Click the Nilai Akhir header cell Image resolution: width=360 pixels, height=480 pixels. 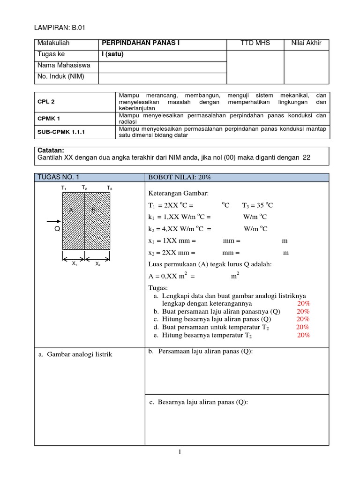tap(307, 44)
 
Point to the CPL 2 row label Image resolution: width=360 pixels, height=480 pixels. tap(47, 101)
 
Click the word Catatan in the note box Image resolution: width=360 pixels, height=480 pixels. tap(50, 150)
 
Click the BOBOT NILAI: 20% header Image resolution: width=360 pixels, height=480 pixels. tap(180, 177)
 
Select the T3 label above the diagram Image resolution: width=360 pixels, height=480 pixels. tap(109, 188)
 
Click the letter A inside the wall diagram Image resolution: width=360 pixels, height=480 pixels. tap(71, 210)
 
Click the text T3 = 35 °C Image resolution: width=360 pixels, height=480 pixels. tap(257, 205)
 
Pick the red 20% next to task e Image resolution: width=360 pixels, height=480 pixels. tap(303, 335)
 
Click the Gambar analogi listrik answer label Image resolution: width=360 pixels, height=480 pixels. tap(76, 354)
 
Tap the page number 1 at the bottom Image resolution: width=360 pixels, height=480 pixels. tap(180, 452)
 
